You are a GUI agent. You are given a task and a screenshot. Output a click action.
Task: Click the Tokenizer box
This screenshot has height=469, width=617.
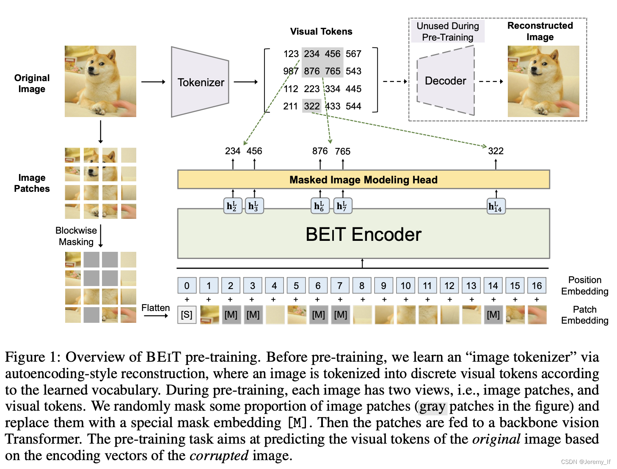[200, 82]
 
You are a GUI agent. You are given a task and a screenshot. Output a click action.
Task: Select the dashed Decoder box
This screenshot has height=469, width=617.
[445, 81]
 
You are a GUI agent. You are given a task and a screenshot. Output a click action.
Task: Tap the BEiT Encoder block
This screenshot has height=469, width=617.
[363, 234]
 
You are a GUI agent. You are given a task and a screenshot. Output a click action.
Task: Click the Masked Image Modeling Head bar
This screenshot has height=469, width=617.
[363, 180]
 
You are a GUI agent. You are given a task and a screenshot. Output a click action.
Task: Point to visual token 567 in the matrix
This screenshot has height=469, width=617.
[353, 54]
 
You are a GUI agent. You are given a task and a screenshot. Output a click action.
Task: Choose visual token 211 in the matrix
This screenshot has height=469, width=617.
[290, 106]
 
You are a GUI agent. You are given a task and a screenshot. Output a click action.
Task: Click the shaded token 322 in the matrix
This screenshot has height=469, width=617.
[311, 106]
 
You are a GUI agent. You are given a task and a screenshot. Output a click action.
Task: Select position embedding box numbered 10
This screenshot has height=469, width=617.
[405, 286]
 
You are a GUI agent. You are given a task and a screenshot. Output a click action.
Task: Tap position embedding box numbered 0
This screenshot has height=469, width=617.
[187, 286]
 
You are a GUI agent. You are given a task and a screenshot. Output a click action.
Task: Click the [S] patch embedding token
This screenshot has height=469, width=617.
[187, 315]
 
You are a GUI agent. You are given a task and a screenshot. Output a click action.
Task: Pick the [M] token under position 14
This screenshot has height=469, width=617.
[493, 315]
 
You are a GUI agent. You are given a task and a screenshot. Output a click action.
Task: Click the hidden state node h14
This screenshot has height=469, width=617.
[496, 206]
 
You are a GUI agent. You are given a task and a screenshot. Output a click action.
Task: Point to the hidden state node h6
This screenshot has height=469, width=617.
[319, 206]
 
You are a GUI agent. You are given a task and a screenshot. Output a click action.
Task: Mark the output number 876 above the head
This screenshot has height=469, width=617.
[320, 151]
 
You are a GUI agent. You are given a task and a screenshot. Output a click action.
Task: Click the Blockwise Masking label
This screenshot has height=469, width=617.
[76, 236]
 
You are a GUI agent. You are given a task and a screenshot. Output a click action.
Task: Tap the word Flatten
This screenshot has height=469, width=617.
[155, 308]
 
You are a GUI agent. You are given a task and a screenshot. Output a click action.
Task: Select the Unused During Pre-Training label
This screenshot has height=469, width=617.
[448, 32]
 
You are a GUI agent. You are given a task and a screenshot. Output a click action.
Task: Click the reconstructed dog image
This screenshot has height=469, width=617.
[543, 81]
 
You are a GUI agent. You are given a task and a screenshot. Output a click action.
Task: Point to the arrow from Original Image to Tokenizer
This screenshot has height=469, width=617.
[153, 82]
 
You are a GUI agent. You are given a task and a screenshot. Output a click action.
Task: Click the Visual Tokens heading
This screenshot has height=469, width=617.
[321, 31]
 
